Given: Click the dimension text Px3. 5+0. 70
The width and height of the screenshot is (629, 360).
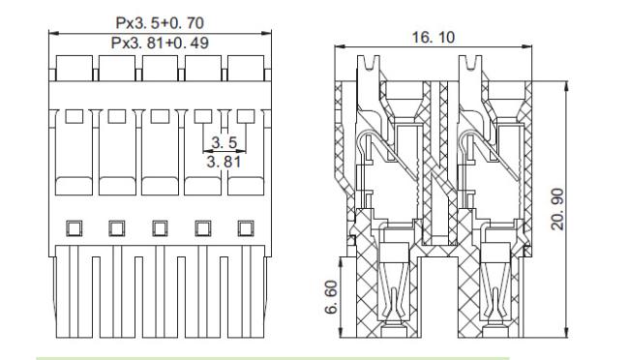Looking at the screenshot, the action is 160,23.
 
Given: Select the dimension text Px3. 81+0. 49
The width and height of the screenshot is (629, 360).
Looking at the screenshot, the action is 160,43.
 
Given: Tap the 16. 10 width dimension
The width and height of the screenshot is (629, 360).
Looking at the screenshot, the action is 434,38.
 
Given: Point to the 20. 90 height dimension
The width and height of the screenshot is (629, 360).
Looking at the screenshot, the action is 557,209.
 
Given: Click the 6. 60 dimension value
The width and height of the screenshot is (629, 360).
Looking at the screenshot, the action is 332,297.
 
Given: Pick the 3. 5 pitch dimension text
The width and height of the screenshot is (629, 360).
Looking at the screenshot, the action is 225,142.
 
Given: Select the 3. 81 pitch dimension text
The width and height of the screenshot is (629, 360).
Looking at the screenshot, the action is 224,162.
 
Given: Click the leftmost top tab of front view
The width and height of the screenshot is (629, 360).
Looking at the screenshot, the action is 74,69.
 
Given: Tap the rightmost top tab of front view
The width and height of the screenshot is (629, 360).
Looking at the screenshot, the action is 246,69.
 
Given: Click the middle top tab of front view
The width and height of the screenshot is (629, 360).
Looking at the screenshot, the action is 160,69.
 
